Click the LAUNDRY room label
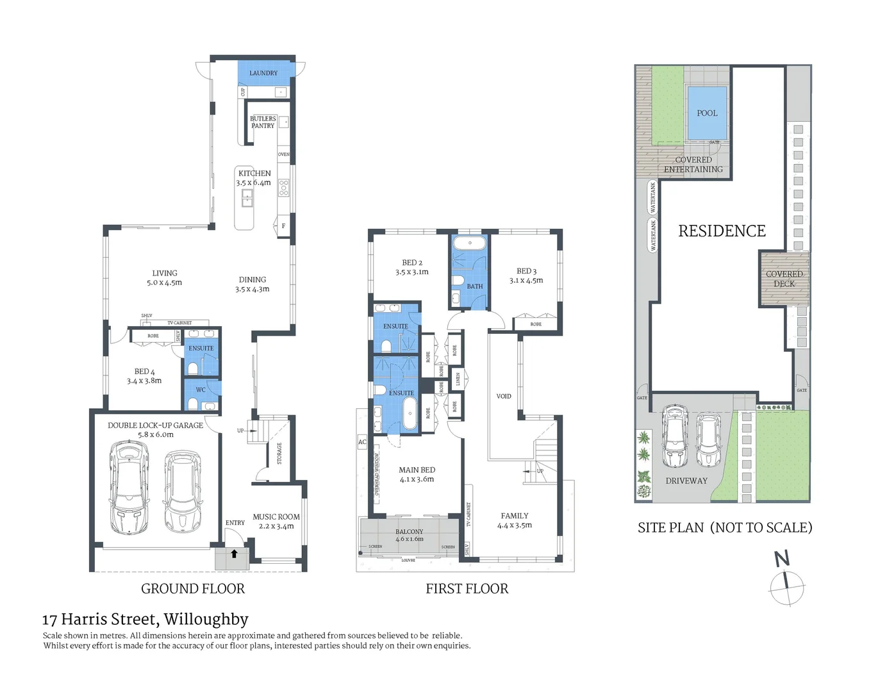[263, 73]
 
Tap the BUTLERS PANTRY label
[263, 122]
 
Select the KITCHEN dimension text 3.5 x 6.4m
[253, 183]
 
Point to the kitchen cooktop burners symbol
[283, 188]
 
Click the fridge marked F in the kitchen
[283, 226]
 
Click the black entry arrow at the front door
[234, 554]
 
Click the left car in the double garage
[129, 488]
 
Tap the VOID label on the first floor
[504, 396]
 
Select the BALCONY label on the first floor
[409, 531]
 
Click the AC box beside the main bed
[362, 442]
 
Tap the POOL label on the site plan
[707, 113]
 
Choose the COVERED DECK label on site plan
[784, 279]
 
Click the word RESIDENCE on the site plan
[722, 231]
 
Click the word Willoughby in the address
[206, 619]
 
